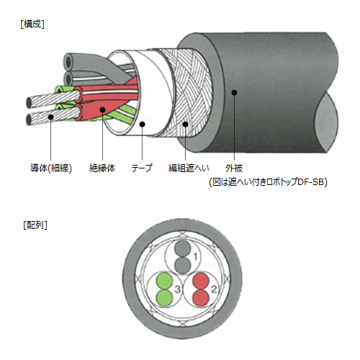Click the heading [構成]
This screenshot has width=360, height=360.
point(32,24)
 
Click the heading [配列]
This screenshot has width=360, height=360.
point(35,225)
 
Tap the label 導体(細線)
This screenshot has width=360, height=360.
point(51,168)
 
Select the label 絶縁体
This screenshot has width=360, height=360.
point(102,168)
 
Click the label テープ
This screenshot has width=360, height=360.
point(142,168)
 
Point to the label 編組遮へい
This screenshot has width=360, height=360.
point(189,168)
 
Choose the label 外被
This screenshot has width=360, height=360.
point(234,168)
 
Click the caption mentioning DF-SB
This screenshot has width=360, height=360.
point(268,182)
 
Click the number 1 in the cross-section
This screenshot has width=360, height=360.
point(196,257)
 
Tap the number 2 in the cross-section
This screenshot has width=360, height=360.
point(214,289)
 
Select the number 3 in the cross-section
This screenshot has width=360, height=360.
point(178,289)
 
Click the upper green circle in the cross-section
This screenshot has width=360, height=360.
point(165,281)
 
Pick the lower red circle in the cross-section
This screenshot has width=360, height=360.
point(201,298)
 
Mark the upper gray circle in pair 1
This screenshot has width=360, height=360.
point(183,249)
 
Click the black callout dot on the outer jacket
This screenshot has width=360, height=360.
point(235,92)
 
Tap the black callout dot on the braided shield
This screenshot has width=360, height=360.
point(185,124)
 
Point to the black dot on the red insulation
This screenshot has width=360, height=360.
point(103,109)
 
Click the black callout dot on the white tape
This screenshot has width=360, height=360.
point(143,124)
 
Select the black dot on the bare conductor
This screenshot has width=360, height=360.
point(50,117)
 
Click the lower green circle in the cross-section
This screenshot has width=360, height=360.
point(165,298)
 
